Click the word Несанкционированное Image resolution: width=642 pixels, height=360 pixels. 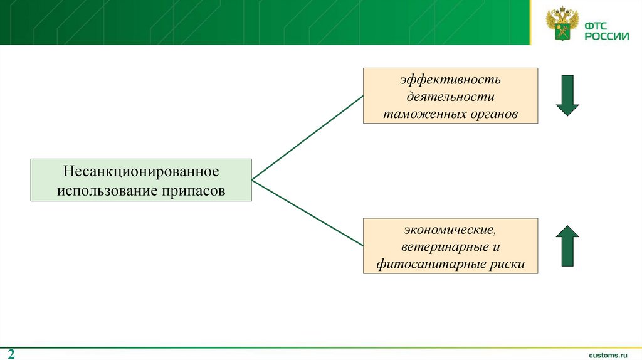pos(140,171)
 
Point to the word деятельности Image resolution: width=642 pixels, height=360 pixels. pos(450,97)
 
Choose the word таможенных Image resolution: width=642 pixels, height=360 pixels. pos(423,114)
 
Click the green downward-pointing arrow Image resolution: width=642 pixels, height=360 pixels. pos(567,95)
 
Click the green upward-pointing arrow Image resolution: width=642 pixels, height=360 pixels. pos(567,245)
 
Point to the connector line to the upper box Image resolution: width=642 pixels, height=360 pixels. pos(307,138)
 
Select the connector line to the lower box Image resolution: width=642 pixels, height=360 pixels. pos(307,212)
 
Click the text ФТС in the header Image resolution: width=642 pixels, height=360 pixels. pos(597,26)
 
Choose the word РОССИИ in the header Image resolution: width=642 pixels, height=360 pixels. pos(607,37)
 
